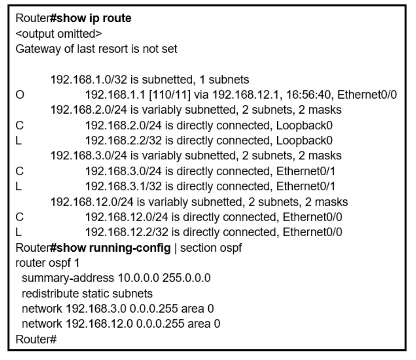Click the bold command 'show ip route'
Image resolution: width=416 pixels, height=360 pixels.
pos(94,18)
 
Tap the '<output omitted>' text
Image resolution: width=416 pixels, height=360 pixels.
pos(59,34)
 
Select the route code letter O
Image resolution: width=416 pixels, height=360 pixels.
pos(20,95)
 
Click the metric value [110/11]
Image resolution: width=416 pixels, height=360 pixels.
pos(170,95)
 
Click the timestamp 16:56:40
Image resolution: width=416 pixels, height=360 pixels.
pos(310,95)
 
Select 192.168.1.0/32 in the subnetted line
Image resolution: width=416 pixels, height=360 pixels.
pos(89,79)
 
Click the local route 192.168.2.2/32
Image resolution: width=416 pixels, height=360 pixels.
pos(123,141)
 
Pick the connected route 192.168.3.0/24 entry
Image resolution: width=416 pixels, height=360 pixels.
pos(123,171)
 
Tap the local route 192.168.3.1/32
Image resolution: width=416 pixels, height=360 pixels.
pos(123,186)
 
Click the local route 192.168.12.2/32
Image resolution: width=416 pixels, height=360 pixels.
pos(126,232)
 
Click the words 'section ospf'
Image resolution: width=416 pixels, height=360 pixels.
pos(211,248)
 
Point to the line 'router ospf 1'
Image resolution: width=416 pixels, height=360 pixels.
pos(47,263)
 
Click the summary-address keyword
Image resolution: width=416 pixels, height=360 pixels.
pos(68,278)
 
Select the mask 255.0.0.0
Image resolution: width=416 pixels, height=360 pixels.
pos(187,278)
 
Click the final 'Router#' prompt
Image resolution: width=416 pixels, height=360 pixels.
pos(36,340)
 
